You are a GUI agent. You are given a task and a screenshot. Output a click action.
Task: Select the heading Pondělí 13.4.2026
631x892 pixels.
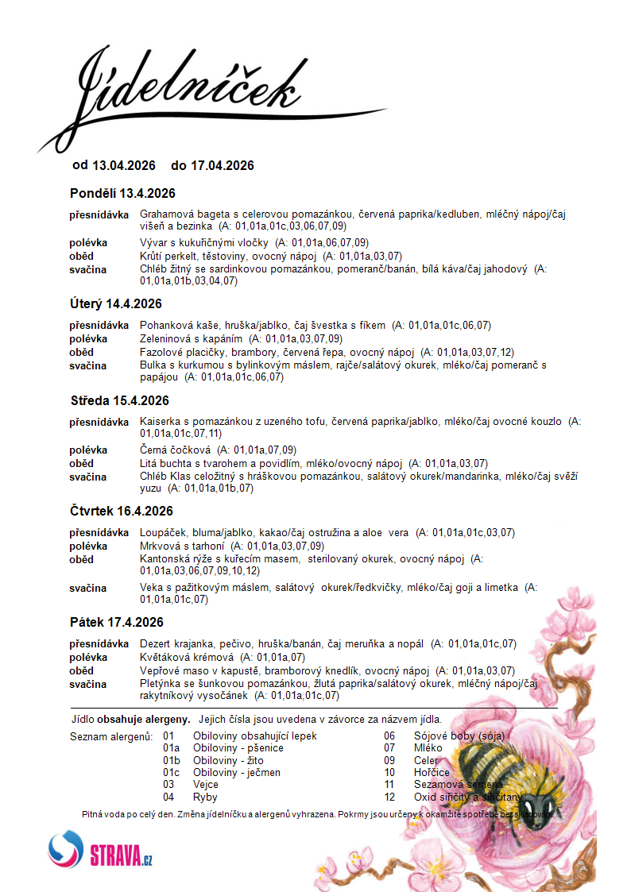point(122,193)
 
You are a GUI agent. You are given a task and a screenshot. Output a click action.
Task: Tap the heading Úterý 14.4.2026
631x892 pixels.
point(116,303)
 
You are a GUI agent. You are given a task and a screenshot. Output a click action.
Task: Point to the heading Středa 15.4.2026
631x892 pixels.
point(119,400)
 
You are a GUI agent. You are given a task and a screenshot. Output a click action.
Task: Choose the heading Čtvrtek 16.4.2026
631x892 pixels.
point(122,511)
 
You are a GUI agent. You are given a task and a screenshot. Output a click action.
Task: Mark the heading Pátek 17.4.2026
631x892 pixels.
point(117,622)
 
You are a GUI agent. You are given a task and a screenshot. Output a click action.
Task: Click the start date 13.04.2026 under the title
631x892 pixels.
point(124,165)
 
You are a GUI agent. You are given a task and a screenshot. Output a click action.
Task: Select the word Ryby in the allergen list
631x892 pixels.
point(205,797)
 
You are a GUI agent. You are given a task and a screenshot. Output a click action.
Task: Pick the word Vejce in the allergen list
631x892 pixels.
point(207,784)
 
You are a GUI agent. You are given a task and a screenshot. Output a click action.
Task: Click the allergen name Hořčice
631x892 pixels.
point(432,772)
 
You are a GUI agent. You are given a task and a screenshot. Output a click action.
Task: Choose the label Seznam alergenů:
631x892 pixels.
point(111,736)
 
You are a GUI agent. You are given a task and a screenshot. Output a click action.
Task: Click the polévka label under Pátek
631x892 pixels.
point(87,658)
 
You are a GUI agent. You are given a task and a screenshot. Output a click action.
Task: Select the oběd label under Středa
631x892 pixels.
point(81,463)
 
